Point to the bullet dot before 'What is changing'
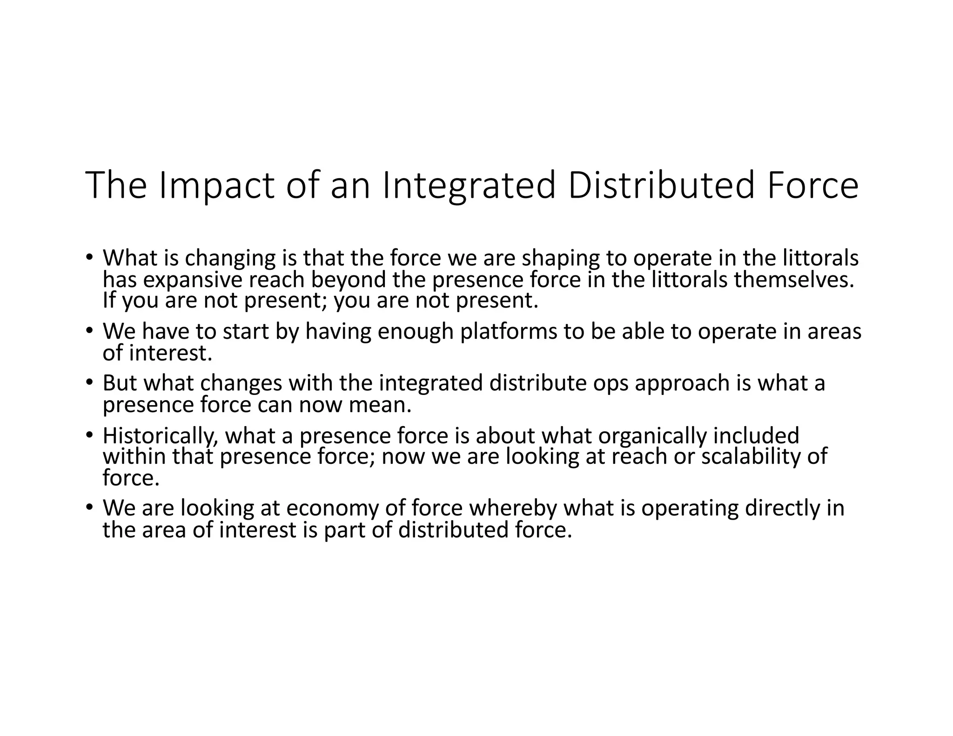[x=89, y=257]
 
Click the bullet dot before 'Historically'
[x=89, y=435]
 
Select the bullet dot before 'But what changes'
[x=89, y=382]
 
